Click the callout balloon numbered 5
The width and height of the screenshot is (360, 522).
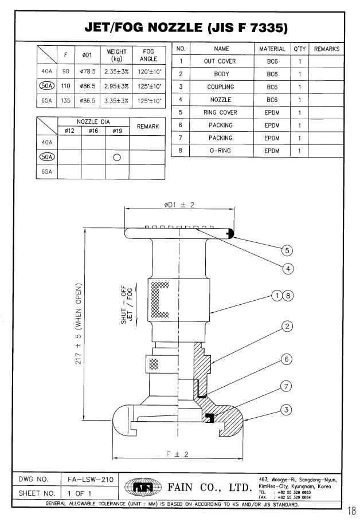click(x=287, y=250)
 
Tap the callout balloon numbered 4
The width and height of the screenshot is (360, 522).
click(x=288, y=269)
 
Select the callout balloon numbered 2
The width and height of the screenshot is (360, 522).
click(x=287, y=326)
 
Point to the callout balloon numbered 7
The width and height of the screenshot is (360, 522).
click(x=287, y=387)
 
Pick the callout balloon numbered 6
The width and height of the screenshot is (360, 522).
click(x=287, y=359)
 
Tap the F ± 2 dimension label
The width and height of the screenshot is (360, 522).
click(x=178, y=454)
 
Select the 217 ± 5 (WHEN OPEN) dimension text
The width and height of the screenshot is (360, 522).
click(x=79, y=324)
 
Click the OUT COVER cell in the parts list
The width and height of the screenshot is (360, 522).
click(x=220, y=61)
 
